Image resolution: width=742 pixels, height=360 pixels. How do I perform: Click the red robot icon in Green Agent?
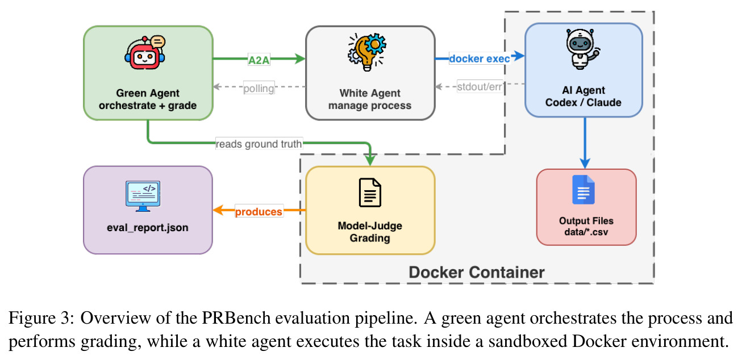[145, 52]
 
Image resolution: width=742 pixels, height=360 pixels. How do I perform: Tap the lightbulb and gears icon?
[367, 52]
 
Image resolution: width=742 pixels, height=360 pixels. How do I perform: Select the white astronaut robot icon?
[583, 49]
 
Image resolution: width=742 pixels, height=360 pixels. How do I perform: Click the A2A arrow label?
[259, 60]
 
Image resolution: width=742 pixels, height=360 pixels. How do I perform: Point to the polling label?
[259, 89]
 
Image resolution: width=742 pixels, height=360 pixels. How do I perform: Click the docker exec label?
[480, 58]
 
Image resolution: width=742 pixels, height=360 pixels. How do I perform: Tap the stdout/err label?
[480, 87]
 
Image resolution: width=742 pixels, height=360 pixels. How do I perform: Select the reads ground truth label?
[259, 144]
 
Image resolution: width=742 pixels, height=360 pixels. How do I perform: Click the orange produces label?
[259, 211]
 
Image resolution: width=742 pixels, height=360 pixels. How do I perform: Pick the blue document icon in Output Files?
[583, 190]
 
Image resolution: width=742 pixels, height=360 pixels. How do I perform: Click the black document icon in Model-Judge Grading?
[370, 192]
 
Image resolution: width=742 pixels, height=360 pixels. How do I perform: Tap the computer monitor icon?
[143, 196]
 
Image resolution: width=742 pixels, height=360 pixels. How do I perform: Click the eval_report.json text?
[147, 228]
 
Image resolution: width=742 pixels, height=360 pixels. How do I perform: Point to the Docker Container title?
[477, 272]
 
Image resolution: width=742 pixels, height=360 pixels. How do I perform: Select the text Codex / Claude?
[583, 102]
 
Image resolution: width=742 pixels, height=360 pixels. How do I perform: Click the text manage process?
[370, 105]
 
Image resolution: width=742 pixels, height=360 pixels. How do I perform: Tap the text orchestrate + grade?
[148, 105]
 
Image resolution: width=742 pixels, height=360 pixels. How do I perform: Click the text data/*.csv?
[586, 232]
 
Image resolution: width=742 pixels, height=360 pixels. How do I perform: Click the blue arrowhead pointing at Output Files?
[585, 164]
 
